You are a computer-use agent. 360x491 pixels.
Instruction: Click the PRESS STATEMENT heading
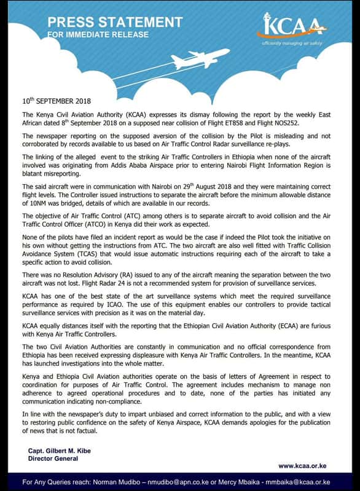pos(115,23)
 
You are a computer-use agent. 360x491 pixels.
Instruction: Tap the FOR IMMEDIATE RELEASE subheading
pos(98,35)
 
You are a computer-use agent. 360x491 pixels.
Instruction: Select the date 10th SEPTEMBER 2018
pos(56,100)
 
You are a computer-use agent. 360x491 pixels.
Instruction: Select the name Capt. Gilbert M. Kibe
pos(60,450)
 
